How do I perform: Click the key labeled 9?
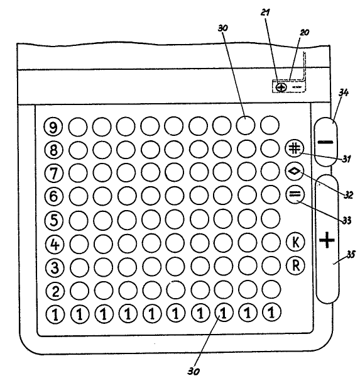[53, 127]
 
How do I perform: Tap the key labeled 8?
[53, 150]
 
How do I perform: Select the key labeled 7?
[54, 173]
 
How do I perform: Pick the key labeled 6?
[54, 196]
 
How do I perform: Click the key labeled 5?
[55, 220]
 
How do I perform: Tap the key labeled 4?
[55, 244]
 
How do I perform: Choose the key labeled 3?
[55, 267]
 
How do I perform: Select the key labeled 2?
[55, 291]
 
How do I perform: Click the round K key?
[295, 242]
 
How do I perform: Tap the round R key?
[295, 265]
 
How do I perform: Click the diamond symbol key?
[295, 172]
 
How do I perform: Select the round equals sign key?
[295, 194]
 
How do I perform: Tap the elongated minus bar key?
[326, 142]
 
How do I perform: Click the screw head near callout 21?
[281, 87]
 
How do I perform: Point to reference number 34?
[344, 92]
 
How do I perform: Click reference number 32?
[348, 194]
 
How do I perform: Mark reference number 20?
[304, 32]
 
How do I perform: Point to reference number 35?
[351, 254]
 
